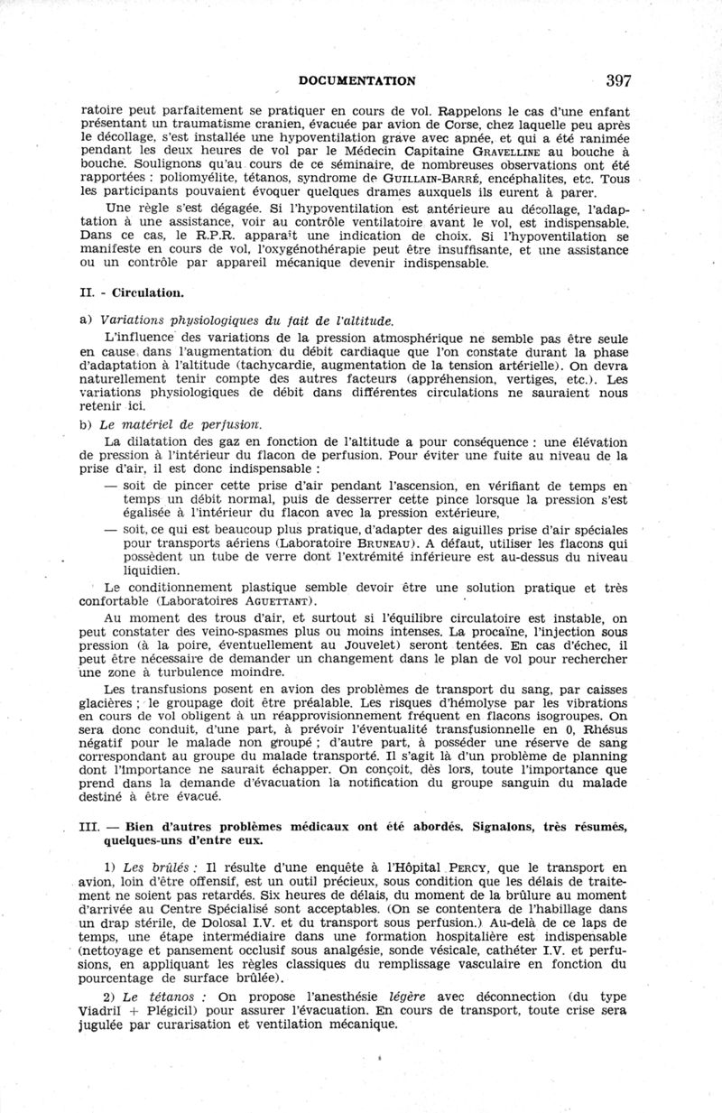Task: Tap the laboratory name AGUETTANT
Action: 277,600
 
